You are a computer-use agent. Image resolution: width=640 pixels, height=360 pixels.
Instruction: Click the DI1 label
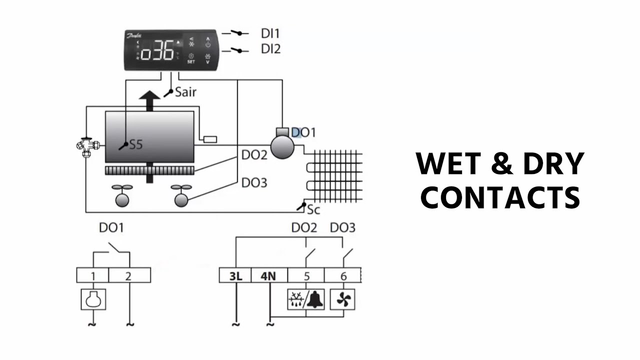270,33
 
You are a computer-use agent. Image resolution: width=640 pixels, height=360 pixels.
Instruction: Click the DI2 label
270,49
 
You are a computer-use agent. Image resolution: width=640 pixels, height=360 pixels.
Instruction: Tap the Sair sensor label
185,92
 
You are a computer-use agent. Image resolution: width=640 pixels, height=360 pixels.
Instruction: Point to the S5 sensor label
136,144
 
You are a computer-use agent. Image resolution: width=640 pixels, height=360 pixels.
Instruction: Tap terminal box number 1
92,275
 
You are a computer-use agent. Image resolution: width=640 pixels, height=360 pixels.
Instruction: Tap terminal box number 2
129,275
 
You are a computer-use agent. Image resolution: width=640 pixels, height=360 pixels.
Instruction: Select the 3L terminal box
235,275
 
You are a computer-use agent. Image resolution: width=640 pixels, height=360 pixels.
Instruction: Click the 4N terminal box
268,275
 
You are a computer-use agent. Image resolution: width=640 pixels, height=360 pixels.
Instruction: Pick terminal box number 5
306,275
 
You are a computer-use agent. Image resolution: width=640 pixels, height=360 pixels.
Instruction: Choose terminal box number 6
342,275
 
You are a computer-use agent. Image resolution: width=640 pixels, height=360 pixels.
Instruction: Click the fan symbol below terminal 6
344,299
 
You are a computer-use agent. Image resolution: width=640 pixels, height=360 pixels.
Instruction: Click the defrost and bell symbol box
306,299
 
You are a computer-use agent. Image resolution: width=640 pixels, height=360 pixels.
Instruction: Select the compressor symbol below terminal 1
93,299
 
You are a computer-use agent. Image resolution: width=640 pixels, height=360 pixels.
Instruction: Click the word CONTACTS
499,197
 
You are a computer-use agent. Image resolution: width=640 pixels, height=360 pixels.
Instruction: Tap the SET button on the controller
191,59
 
